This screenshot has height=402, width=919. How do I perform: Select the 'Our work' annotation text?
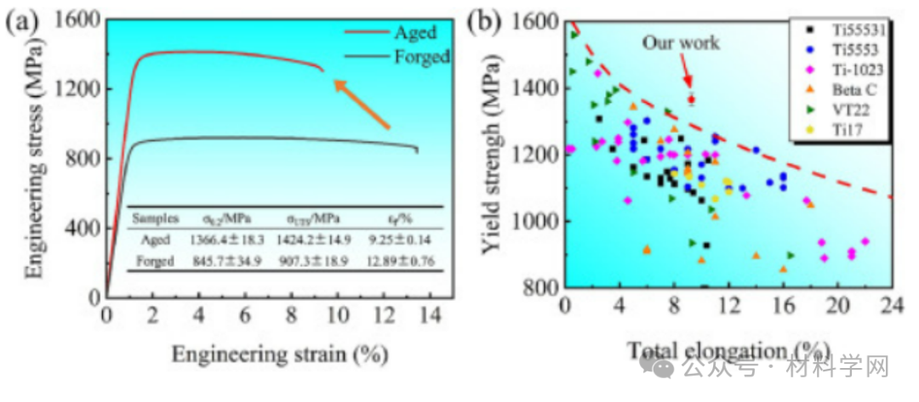click(x=680, y=42)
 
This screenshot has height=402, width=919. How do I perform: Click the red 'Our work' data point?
click(x=691, y=99)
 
